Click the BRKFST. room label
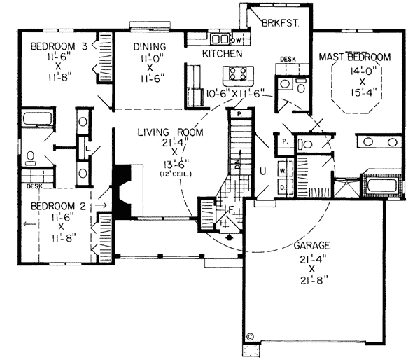click(281, 23)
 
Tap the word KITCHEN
click(223, 53)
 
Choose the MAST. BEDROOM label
click(354, 56)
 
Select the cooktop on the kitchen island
click(237, 73)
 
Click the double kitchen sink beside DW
click(220, 39)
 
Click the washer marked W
click(282, 170)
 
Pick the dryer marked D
click(282, 187)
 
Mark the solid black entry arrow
click(231, 237)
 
